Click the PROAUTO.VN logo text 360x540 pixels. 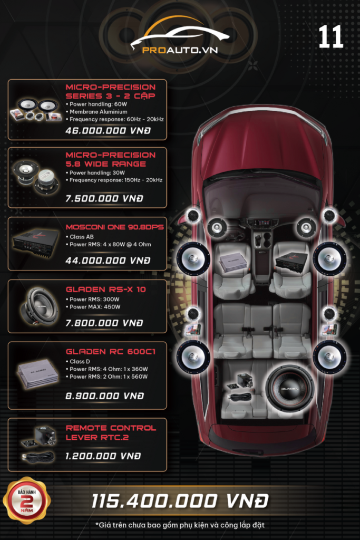tap(180, 51)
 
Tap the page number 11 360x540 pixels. tap(331, 38)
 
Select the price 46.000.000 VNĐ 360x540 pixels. tap(108, 130)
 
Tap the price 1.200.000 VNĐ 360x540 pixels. tap(103, 456)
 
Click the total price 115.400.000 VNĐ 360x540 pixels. tap(180, 500)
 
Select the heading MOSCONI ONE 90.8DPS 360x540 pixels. tap(114, 227)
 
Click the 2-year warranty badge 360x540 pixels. tap(27, 500)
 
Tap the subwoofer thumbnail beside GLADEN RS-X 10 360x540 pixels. tap(40, 305)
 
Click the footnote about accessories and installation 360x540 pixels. tap(180, 525)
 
